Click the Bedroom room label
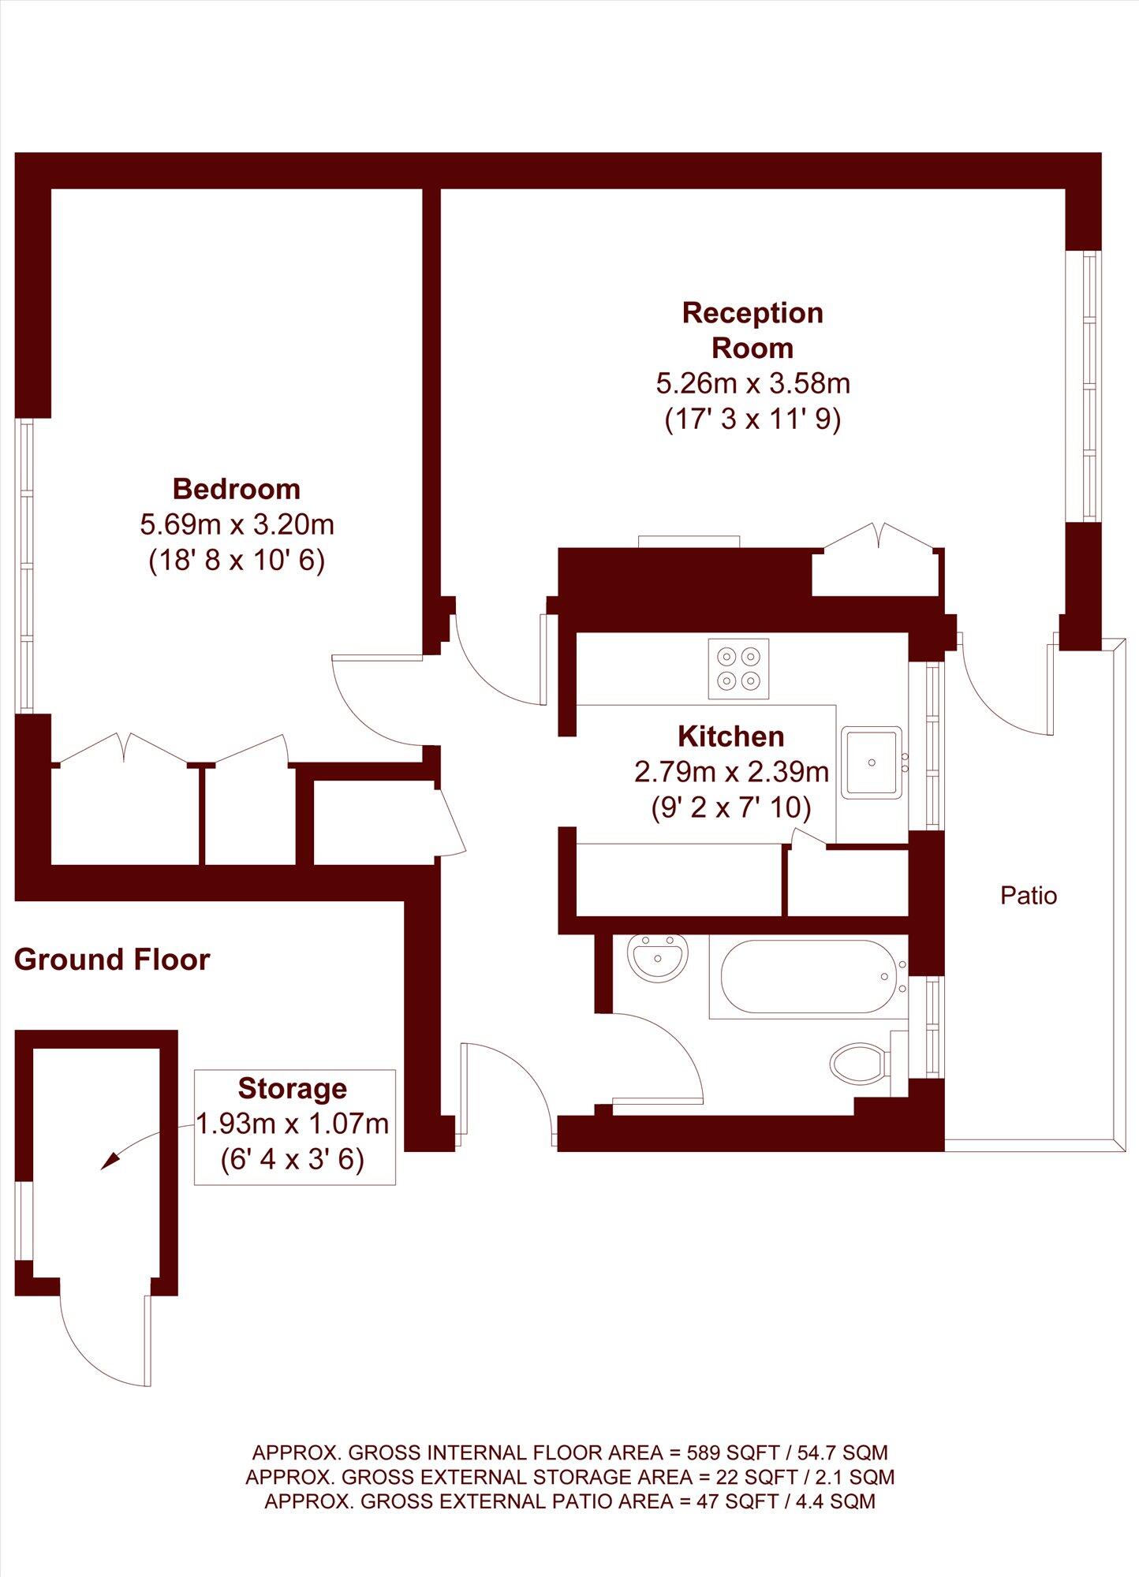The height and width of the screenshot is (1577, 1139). pos(237,489)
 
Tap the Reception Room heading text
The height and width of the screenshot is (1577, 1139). pos(752,330)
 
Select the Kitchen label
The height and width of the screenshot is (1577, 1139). pos(731,736)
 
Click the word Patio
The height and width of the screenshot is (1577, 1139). pos(1029,896)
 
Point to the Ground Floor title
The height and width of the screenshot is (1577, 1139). pos(112,960)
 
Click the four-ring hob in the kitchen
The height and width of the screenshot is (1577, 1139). pos(738,668)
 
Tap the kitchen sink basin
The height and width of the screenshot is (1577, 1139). pos(871,762)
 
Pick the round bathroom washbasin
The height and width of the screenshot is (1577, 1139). pos(659,956)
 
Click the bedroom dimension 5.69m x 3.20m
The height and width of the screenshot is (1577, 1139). pos(237,524)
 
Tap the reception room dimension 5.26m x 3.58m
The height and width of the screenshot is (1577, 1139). pos(752,384)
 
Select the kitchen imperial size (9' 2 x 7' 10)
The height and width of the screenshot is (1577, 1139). pos(731,807)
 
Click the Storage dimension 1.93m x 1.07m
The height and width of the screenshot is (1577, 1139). pos(293,1123)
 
